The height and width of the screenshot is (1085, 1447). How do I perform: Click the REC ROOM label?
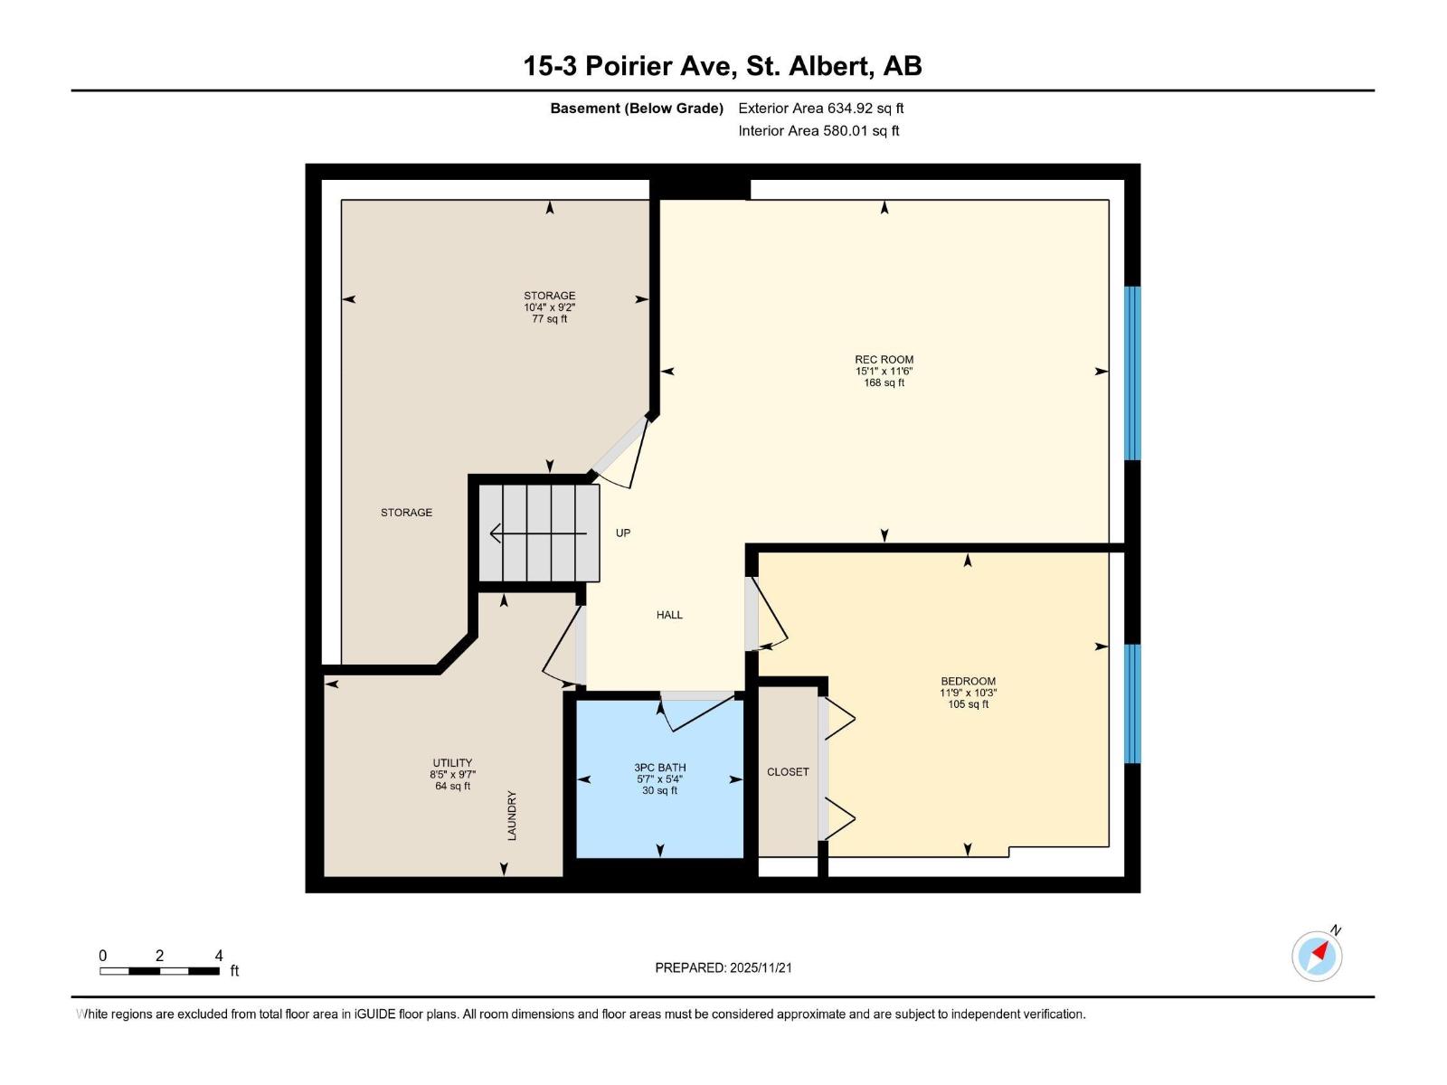click(884, 360)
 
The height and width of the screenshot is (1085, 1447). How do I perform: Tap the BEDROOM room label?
click(968, 681)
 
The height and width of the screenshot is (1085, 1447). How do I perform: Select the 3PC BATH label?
click(660, 768)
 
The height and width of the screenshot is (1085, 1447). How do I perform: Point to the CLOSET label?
click(788, 772)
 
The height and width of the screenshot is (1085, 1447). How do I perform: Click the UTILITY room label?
click(452, 763)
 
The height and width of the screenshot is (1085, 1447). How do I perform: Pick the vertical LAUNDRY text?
click(512, 816)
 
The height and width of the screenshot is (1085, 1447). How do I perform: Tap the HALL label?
click(669, 615)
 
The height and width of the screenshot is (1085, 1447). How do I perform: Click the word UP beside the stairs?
click(623, 533)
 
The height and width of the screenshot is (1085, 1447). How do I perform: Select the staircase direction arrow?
click(538, 533)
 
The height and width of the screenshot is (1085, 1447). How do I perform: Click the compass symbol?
click(1317, 957)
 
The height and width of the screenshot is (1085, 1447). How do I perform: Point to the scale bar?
click(159, 971)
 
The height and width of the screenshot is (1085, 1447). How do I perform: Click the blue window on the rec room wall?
click(1132, 373)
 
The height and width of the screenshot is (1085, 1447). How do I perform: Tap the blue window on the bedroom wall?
click(1132, 703)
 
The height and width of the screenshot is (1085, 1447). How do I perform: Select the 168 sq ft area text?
click(884, 382)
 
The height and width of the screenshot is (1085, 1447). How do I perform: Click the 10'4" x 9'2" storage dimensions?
click(550, 307)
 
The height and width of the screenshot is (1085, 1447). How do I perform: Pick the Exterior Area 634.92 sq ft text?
click(821, 108)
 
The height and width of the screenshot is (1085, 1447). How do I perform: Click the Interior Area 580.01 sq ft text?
click(818, 130)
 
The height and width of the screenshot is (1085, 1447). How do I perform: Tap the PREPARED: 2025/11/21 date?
click(723, 967)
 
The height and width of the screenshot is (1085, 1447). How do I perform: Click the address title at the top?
click(723, 66)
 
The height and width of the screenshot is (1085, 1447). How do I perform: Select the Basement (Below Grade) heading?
click(637, 108)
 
